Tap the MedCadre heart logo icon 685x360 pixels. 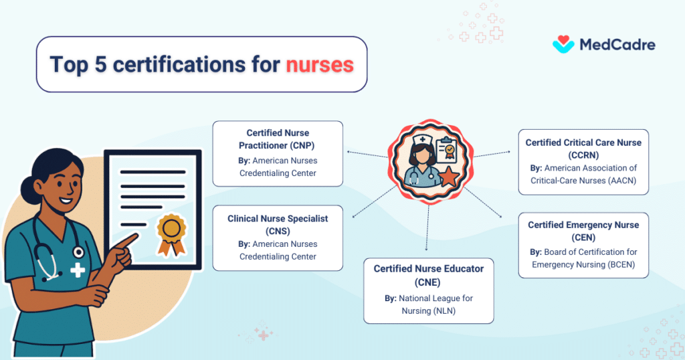[563, 44]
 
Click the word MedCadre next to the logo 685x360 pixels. [616, 45]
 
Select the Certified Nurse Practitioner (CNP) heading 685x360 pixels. [278, 139]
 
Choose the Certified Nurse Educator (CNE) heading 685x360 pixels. [429, 274]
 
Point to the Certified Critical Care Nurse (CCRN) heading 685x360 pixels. [583, 148]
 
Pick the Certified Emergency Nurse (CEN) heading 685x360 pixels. [583, 231]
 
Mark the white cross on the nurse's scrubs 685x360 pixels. [78, 270]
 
